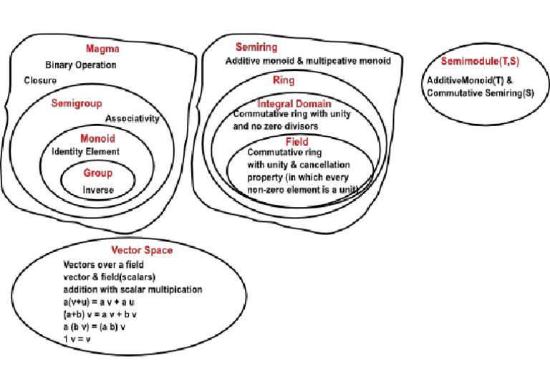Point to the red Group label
click(98, 173)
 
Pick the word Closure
click(40, 80)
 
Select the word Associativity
click(132, 118)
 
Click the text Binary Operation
click(80, 64)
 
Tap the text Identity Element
click(85, 151)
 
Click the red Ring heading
click(264, 80)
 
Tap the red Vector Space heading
click(142, 250)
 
